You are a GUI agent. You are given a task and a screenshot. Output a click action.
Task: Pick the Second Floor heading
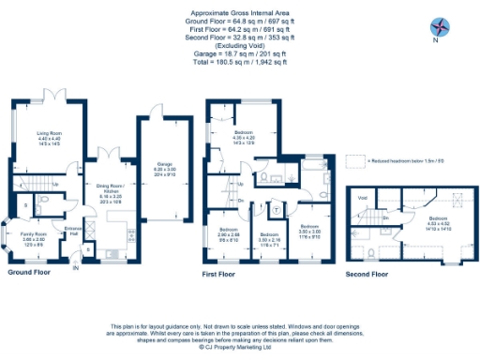[367, 274]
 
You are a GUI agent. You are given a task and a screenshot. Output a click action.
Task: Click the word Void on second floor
[362, 199]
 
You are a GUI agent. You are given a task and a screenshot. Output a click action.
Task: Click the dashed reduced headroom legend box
[354, 160]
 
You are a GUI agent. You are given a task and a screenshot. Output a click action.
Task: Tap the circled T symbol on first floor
[266, 175]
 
